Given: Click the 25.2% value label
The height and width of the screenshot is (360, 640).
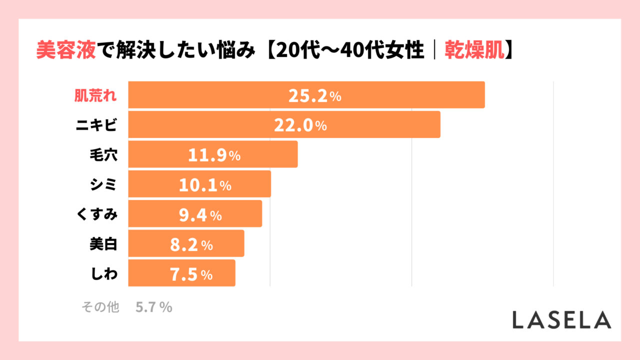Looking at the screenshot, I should pos(314,96).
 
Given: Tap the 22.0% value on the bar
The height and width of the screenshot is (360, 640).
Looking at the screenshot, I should pos(300,125).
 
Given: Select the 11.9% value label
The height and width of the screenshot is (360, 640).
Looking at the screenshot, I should pos(214,155).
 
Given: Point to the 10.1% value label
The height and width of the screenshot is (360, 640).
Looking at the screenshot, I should pos(205,185).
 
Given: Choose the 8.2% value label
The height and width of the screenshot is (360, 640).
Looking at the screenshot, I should pos(191,245).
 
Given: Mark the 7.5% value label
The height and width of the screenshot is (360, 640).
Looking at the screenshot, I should pos(191,274).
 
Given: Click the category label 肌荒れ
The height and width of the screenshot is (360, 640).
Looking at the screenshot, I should pos(95,96).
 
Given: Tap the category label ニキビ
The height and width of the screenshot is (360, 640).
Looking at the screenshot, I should pos(96,125).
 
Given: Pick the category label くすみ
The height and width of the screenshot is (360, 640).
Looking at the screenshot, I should pos(96,215).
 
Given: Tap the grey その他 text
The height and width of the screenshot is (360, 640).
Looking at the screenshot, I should pos(100,307).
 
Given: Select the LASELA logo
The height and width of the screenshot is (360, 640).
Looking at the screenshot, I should pos(561,320).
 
